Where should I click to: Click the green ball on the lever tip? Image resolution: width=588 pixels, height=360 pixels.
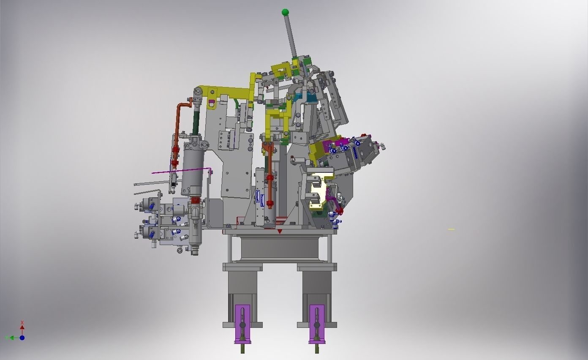pos(286,12)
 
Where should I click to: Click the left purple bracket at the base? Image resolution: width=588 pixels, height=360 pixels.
pos(242,324)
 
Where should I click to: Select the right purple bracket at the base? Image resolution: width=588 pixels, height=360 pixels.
pos(317,324)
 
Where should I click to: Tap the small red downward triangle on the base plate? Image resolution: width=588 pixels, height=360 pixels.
pos(280,232)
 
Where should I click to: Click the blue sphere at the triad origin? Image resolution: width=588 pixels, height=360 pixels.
pos(22,338)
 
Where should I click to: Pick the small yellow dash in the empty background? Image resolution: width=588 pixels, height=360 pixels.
pos(451,229)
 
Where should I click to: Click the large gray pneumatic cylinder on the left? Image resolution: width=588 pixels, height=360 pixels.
pos(192,169)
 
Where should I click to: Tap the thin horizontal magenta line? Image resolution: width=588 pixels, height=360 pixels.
pos(182,171)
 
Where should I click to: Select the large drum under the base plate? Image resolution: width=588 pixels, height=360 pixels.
pos(280,249)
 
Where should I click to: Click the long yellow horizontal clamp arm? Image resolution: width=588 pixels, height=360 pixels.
pos(230,92)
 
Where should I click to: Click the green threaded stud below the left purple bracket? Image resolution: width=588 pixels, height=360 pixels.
pos(242,349)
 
